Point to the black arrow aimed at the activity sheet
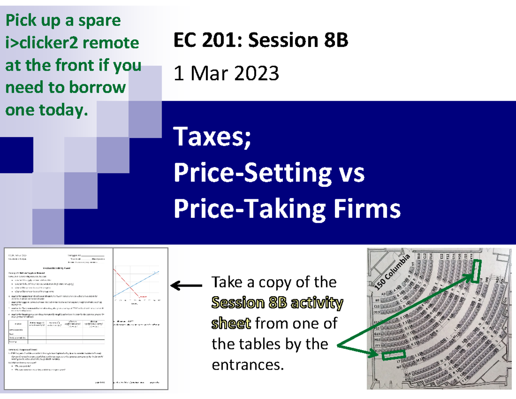pos(186,285)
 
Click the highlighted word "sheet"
pos(231,324)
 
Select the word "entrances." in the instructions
pos(248,365)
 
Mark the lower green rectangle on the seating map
pos(393,355)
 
